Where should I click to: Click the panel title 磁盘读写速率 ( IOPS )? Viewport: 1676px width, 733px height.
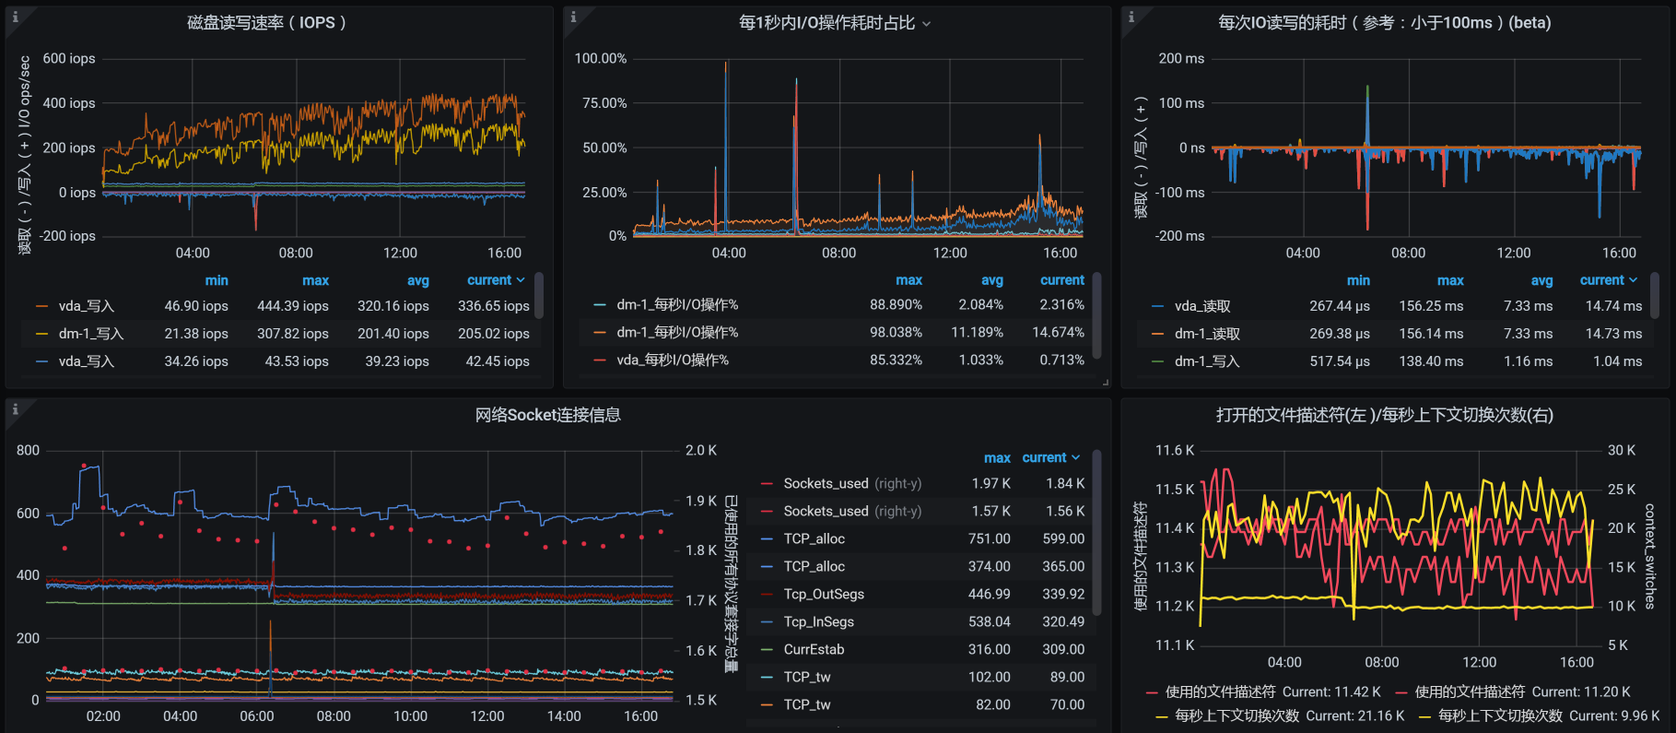tap(266, 22)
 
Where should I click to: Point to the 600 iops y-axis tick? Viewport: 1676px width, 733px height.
tap(68, 58)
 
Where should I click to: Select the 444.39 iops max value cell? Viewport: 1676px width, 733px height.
tap(292, 306)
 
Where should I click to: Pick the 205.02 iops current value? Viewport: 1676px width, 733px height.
tap(493, 334)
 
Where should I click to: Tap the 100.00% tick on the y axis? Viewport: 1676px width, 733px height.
tap(600, 58)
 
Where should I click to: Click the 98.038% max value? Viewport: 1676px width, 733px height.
tap(896, 332)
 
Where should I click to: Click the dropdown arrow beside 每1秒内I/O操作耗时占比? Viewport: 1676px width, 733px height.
tap(927, 24)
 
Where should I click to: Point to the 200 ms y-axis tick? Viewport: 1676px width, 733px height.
tap(1181, 58)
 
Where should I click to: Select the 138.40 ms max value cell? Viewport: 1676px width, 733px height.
tap(1431, 361)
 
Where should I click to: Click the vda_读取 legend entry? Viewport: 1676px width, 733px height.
tap(1201, 306)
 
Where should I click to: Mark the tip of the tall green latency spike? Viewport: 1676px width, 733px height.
tap(1367, 87)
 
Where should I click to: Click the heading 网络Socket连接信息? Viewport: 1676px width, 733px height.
tap(547, 415)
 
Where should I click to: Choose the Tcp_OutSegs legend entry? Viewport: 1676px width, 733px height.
tap(824, 594)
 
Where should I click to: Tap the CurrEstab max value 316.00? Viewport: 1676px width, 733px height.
tap(989, 649)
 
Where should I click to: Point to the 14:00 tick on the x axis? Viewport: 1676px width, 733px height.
tap(564, 715)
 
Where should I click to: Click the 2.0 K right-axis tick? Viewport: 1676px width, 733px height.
tap(700, 450)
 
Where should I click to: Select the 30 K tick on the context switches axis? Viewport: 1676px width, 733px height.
tap(1621, 450)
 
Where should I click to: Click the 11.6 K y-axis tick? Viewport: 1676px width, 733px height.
tap(1175, 450)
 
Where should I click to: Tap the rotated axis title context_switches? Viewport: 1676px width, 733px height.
tap(1649, 556)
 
